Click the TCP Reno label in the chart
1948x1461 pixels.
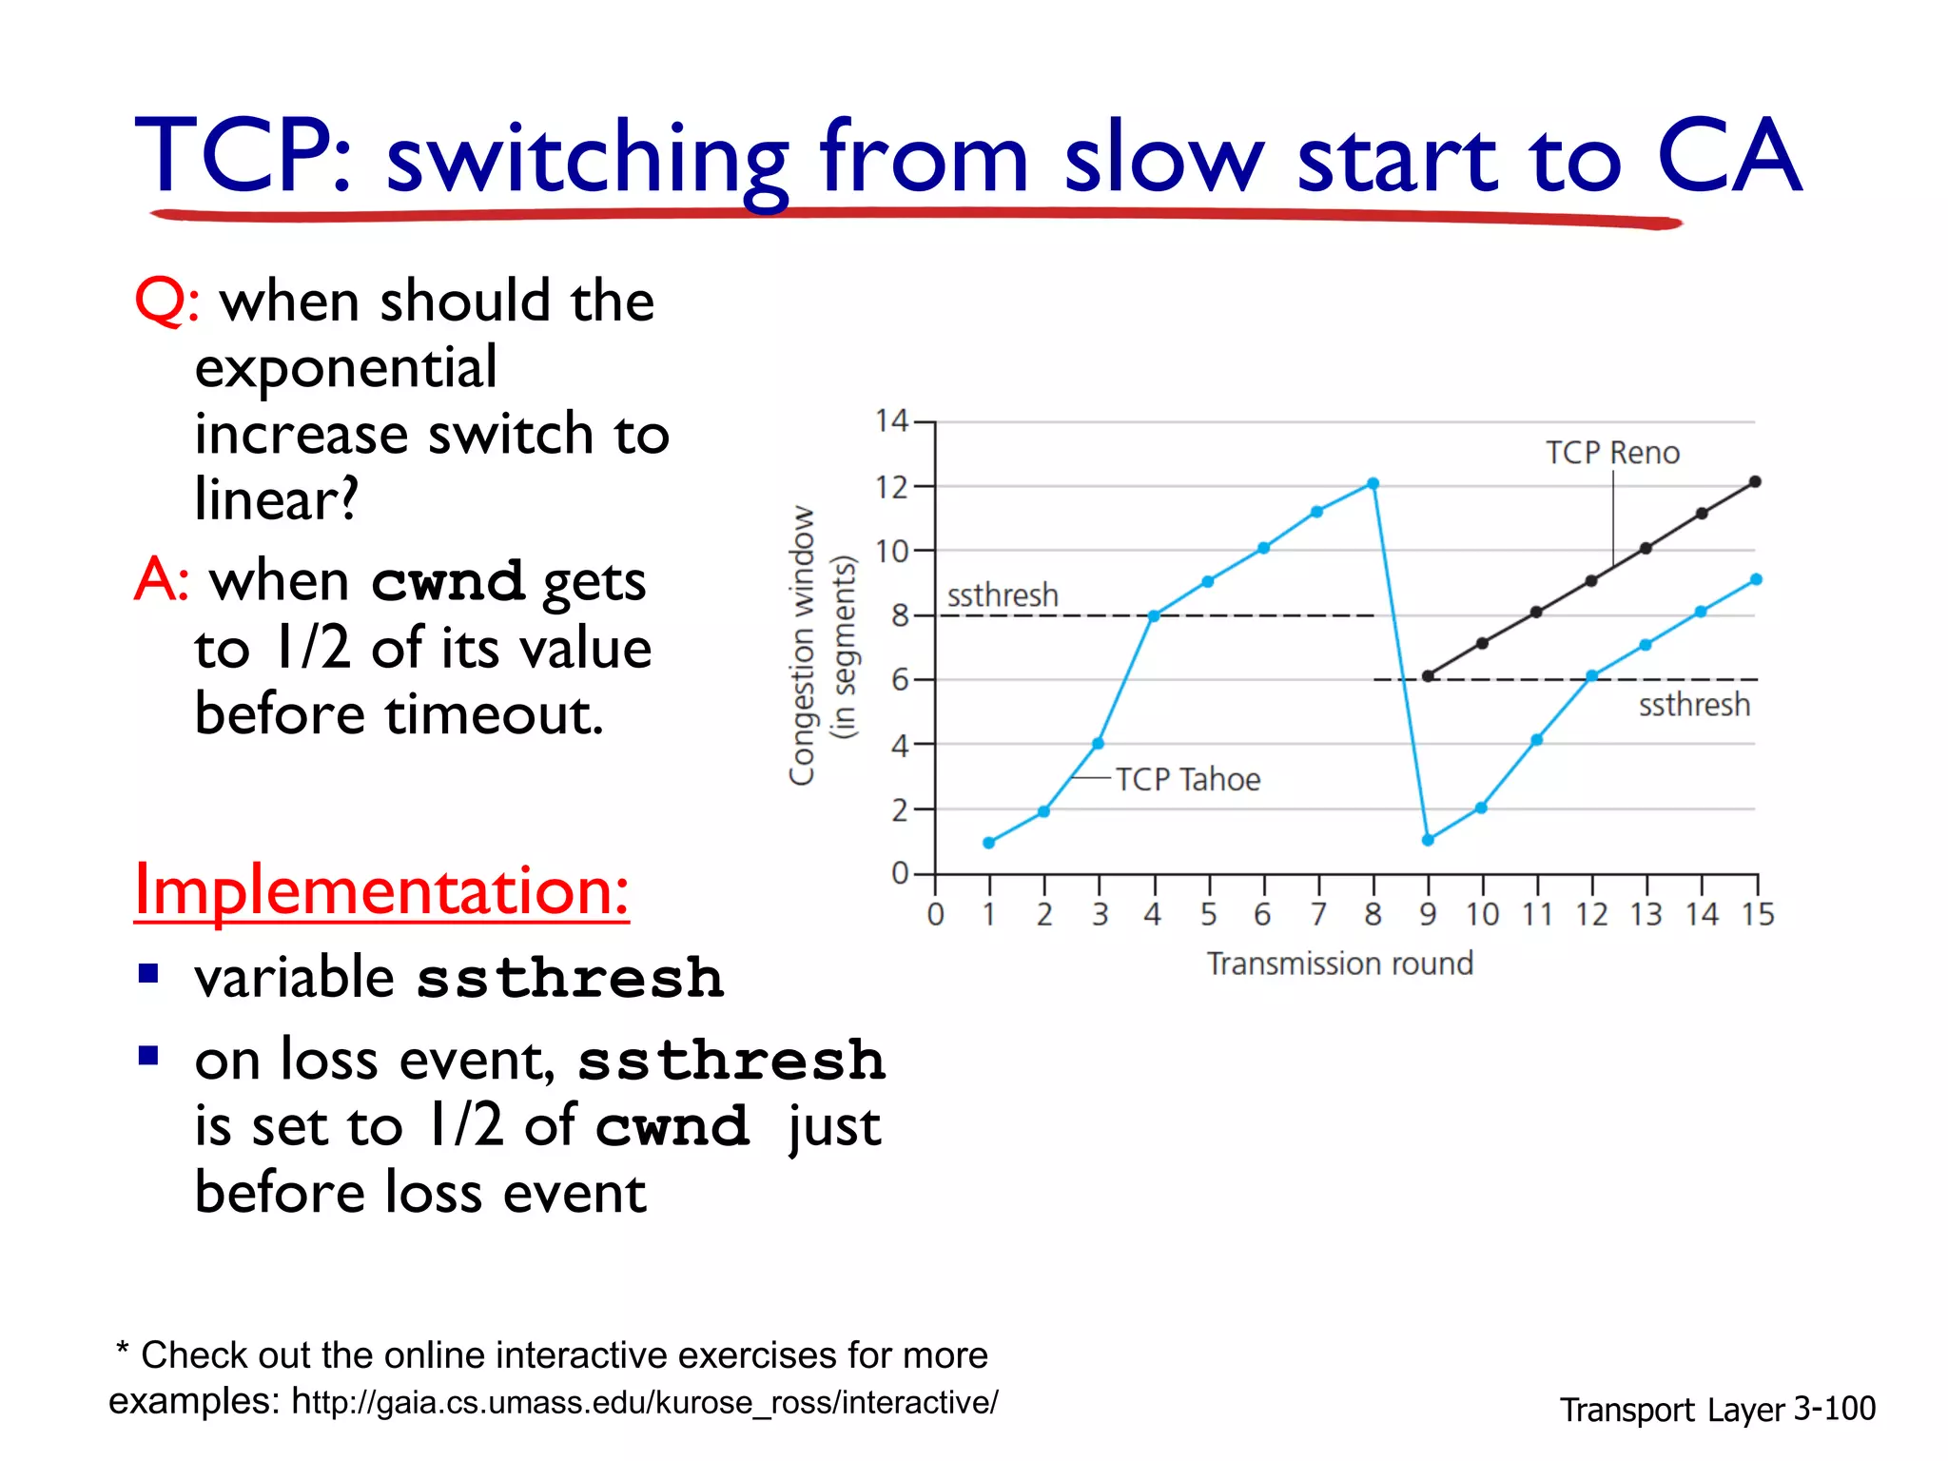(x=1612, y=453)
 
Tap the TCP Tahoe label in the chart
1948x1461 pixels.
(x=1187, y=780)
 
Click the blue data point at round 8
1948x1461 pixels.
(x=1373, y=484)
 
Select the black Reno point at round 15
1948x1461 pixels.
(x=1755, y=482)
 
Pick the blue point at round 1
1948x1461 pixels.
(x=989, y=843)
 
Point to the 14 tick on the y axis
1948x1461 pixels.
(x=891, y=420)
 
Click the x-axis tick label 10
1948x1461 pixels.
(x=1482, y=915)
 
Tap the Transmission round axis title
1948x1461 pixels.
(x=1339, y=964)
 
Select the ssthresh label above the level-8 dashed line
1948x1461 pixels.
(x=1003, y=595)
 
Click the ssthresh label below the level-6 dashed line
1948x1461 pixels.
(x=1693, y=705)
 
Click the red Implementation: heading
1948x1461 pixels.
(x=381, y=890)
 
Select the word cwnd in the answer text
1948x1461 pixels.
(x=447, y=581)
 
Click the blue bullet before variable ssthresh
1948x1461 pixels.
(x=148, y=974)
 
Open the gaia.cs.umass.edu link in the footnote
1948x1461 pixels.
(x=645, y=1402)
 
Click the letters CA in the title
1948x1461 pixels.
(x=1728, y=157)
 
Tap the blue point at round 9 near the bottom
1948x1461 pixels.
(x=1428, y=840)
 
